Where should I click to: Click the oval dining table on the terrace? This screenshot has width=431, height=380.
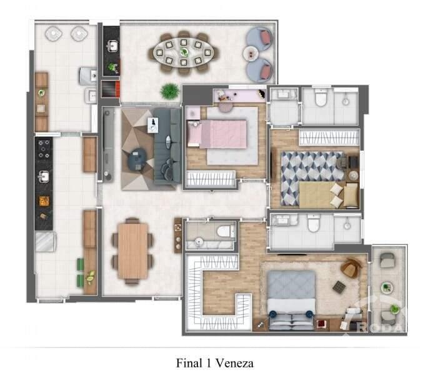pyautogui.click(x=184, y=52)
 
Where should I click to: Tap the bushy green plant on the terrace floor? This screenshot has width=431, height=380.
pyautogui.click(x=169, y=91)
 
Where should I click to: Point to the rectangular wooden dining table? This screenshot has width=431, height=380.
pyautogui.click(x=133, y=250)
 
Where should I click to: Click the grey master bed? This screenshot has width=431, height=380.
pyautogui.click(x=291, y=299)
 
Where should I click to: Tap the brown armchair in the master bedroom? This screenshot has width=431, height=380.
pyautogui.click(x=350, y=269)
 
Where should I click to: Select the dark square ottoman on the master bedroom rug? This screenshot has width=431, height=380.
pyautogui.click(x=338, y=286)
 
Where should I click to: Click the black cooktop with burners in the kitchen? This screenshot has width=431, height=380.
pyautogui.click(x=44, y=150)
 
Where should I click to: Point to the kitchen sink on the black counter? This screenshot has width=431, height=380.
pyautogui.click(x=44, y=177)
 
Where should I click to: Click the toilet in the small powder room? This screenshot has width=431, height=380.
pyautogui.click(x=222, y=233)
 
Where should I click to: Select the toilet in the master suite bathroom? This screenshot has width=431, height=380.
pyautogui.click(x=314, y=223)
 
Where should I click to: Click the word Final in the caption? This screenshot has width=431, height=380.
pyautogui.click(x=189, y=362)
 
